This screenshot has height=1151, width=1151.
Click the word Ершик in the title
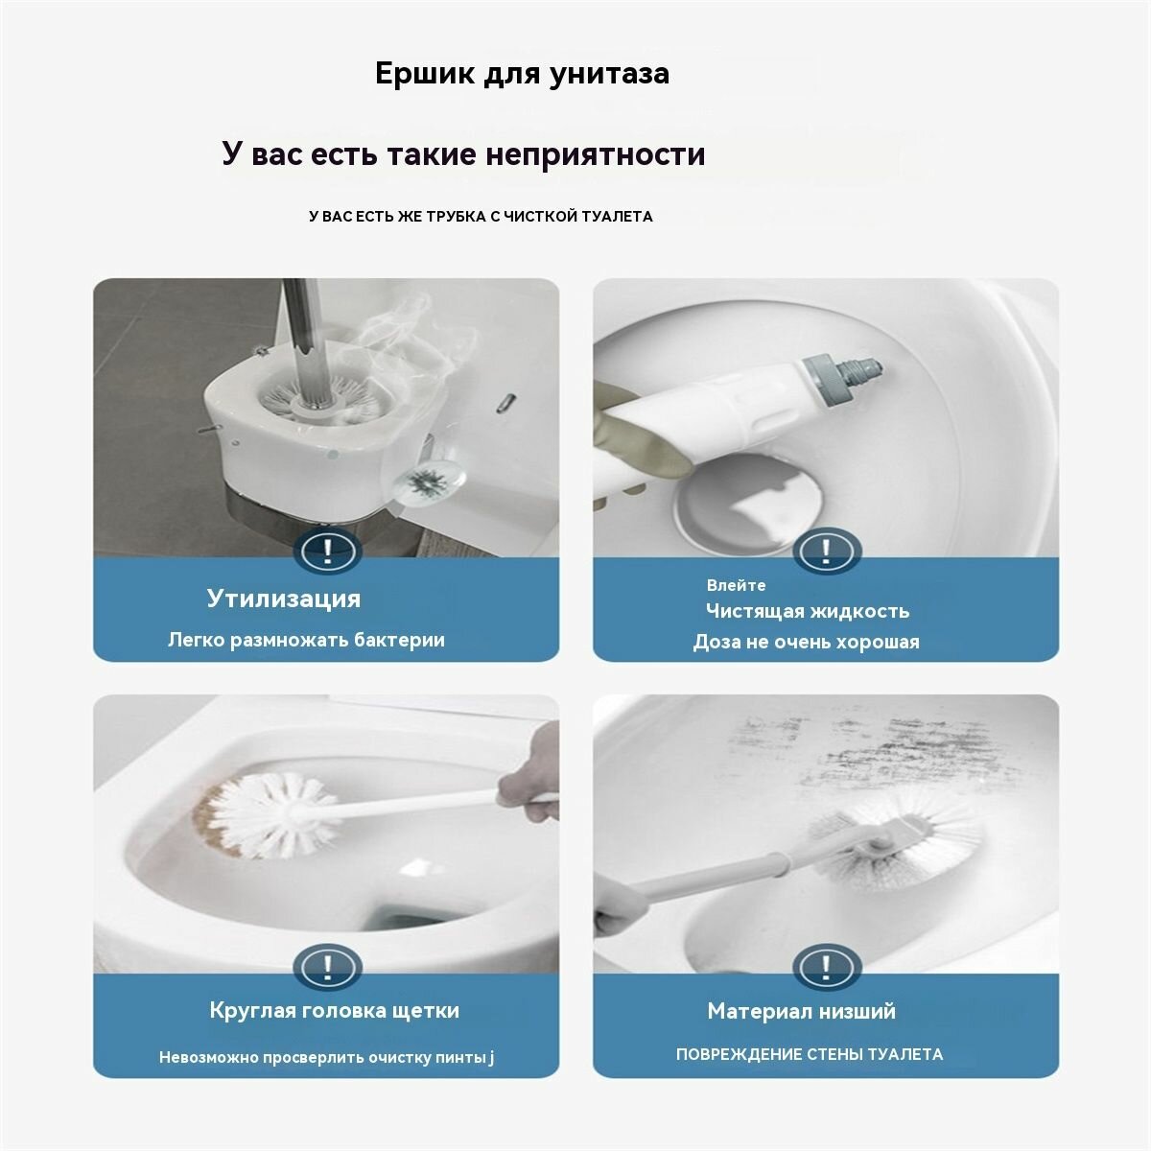coord(424,74)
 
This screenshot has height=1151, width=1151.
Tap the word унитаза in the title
coord(609,75)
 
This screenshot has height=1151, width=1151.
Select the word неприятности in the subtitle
coord(595,154)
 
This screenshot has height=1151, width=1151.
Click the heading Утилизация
coord(284,599)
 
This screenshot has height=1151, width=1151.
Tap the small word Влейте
coord(736,585)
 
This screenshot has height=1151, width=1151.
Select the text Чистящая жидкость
coord(808,611)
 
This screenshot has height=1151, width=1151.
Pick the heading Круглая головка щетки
coord(335,1010)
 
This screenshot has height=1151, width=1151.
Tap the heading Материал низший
coord(802,1011)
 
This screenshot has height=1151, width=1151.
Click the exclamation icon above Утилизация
coord(327,551)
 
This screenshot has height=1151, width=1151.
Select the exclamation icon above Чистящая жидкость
coord(827,551)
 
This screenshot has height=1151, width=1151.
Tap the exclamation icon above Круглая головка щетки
coord(327,967)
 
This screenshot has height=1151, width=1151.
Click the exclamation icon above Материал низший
coord(827,967)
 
